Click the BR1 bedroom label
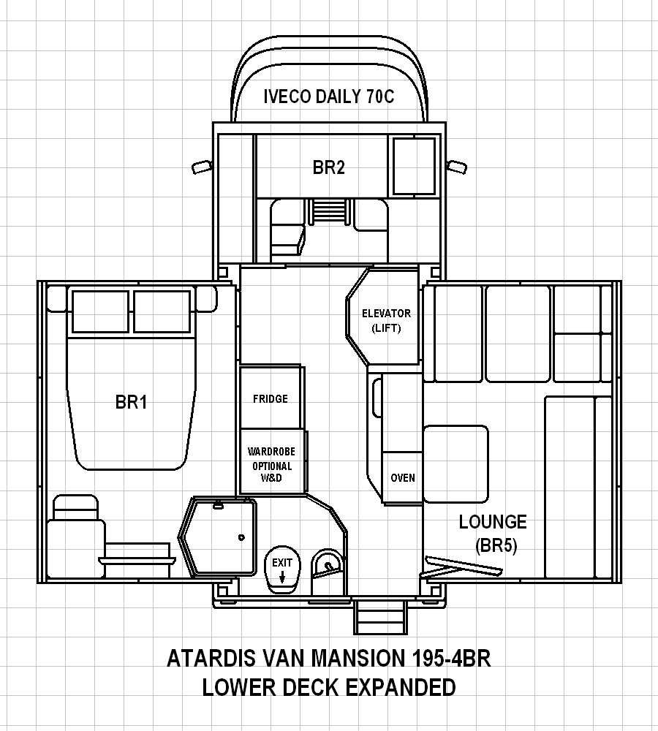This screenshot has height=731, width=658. click(x=131, y=402)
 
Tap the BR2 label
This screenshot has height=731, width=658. click(x=329, y=167)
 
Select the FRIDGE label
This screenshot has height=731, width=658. click(x=271, y=398)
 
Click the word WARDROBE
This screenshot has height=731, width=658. click(x=271, y=451)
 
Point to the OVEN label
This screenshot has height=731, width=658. click(x=403, y=478)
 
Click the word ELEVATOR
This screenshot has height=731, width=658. click(x=387, y=314)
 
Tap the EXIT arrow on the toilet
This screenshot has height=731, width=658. click(x=282, y=578)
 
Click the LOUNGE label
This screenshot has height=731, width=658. click(x=493, y=522)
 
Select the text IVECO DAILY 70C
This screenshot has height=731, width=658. click(x=329, y=96)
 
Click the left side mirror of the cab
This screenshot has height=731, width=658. click(x=202, y=167)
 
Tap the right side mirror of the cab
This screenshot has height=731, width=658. click(x=456, y=167)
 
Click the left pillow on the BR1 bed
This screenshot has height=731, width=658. click(x=100, y=311)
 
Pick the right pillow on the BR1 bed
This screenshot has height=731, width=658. click(x=162, y=311)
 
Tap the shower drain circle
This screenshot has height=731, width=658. click(x=241, y=537)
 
